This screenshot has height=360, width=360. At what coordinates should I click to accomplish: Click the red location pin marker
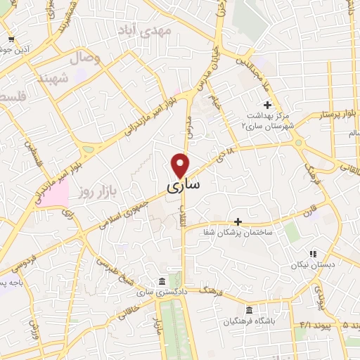(181, 165)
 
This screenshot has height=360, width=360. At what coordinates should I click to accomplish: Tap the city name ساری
(184, 186)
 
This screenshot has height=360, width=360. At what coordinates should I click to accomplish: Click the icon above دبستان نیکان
(313, 254)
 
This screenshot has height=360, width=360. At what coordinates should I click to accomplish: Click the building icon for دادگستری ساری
(162, 280)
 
